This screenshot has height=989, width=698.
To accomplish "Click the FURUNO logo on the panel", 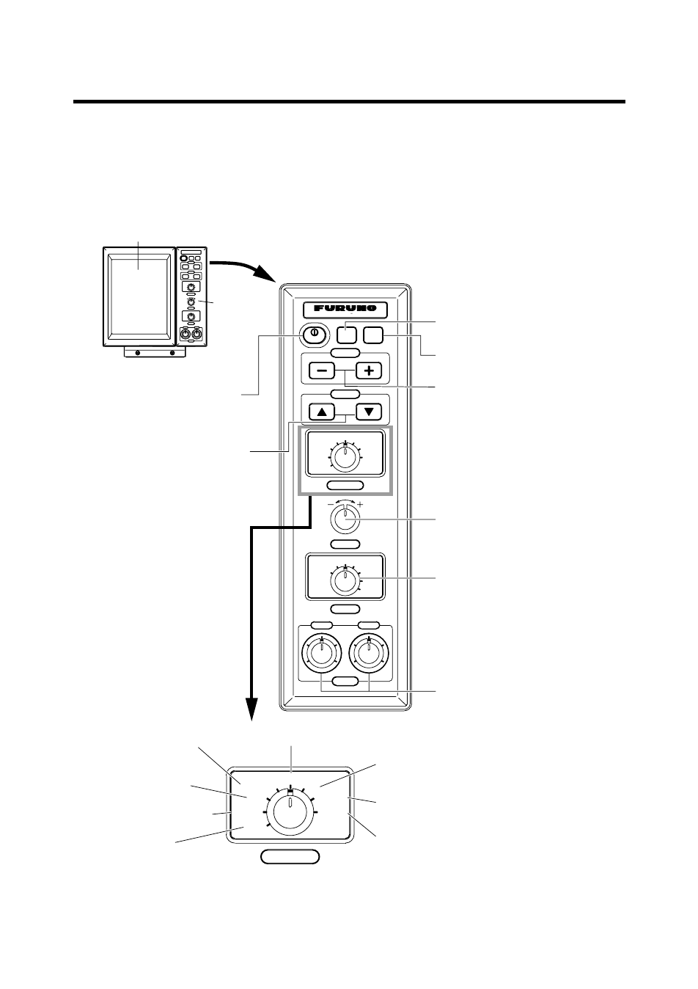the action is pos(345,308).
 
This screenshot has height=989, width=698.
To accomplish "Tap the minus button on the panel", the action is pos(322,371).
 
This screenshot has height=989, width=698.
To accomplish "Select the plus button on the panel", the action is pos(369,371).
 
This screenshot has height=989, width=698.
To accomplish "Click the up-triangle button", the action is pos(322,412).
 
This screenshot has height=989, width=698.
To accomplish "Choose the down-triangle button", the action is pos(369,412).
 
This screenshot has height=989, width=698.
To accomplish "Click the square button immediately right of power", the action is pos(347,335).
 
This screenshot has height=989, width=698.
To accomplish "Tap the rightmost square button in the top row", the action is pos(373,335).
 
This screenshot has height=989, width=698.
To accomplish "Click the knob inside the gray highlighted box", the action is pos(345,457).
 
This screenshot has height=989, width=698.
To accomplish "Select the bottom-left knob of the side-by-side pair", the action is pos(322,654).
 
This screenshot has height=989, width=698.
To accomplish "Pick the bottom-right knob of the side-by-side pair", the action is pos(369,654).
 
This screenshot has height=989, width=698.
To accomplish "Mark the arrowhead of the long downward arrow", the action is pos(251,709).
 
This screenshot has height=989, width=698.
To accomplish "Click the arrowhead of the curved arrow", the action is pos(266,274).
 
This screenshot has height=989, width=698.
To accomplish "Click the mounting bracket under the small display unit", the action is pos(155,352).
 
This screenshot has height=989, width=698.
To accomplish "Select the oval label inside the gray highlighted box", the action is pos(345,486).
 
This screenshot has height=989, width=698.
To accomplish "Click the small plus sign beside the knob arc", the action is pos(360,504).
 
